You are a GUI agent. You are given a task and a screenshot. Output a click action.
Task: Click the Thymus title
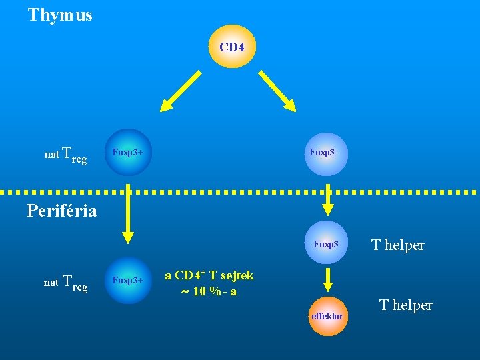coord(60,15)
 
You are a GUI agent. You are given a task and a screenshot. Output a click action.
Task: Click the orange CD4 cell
coord(232,47)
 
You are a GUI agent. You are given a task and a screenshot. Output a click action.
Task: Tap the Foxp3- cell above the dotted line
coord(327,153)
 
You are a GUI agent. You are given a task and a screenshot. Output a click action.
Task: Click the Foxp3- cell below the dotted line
coord(327,245)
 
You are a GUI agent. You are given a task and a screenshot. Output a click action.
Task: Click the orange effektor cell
coord(327,316)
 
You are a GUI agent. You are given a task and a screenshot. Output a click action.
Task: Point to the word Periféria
coord(61,211)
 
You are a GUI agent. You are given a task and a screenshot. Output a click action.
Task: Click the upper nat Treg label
coord(65,155)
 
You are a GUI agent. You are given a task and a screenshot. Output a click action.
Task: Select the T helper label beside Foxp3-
coord(398,245)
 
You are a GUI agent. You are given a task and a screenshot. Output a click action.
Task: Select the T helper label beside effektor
coord(405,305)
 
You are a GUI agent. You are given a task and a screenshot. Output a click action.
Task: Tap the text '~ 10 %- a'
coord(209,292)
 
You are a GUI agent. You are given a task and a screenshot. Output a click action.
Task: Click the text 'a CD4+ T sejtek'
coord(209,275)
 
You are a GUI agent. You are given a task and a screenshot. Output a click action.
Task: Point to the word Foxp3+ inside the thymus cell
coord(128,153)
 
